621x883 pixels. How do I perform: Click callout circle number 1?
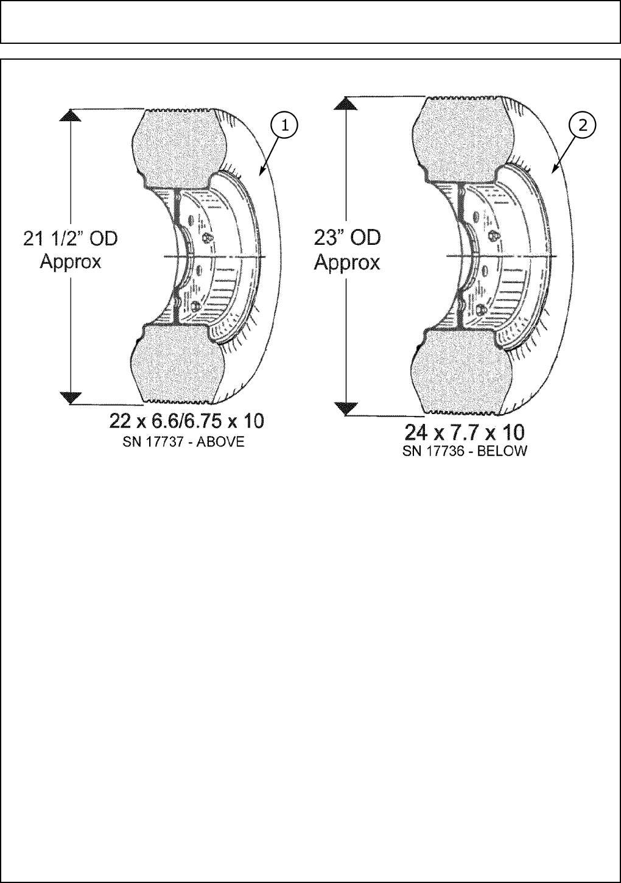[284, 125]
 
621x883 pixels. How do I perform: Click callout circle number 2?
[583, 125]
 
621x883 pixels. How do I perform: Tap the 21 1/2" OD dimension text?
[71, 239]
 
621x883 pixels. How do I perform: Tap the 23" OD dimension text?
[347, 238]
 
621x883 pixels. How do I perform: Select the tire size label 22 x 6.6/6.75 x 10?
[186, 421]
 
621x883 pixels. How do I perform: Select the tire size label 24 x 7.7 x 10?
[465, 434]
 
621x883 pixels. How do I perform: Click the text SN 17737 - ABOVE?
[183, 442]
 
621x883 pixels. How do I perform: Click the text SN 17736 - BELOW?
[465, 451]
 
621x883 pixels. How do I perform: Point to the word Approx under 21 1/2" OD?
[71, 262]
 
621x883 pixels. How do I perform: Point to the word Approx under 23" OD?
[347, 263]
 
